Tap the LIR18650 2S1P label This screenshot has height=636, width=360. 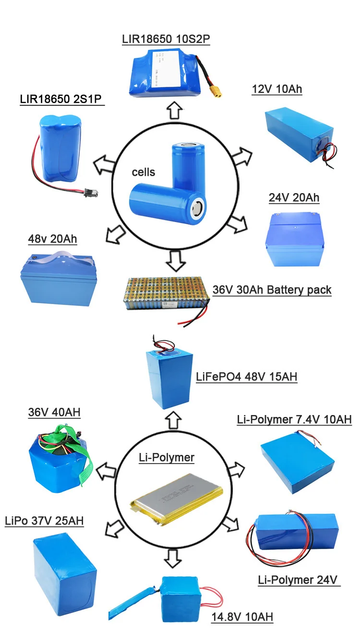62,99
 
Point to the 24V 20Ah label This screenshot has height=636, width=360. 294,197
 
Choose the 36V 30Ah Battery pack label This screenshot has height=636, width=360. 272,290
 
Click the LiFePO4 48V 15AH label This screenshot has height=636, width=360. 246,377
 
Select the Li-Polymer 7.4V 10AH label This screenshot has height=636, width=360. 294,419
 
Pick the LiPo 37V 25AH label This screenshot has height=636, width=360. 44,521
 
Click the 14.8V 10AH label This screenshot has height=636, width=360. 242,617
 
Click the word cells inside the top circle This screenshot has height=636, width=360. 144,172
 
